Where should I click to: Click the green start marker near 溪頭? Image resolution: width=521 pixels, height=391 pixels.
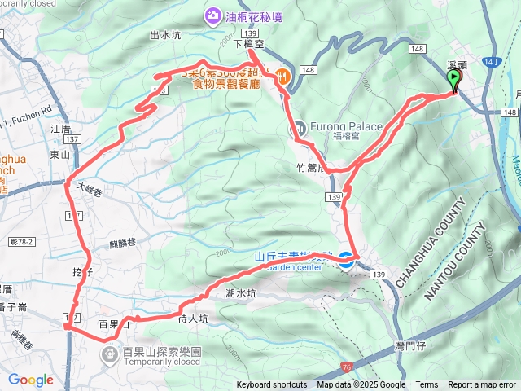(453, 80)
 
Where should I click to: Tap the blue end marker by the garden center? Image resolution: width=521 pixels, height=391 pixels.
(346, 261)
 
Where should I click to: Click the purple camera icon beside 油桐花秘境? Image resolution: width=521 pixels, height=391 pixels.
(212, 15)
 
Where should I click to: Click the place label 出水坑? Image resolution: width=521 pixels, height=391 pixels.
(166, 35)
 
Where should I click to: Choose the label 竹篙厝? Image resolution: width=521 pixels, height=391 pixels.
(310, 169)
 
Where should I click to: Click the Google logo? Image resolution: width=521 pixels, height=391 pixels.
(31, 380)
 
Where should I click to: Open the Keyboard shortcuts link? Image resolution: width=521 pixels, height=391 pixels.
(272, 385)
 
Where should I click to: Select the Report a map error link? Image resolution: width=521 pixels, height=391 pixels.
(481, 385)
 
